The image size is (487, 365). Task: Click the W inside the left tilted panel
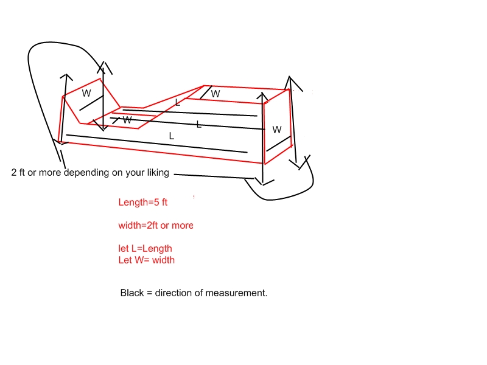click(86, 94)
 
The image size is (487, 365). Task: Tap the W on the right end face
click(277, 130)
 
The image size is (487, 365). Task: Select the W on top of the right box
click(215, 94)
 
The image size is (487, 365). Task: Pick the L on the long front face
click(171, 136)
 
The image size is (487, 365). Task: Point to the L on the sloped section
click(177, 103)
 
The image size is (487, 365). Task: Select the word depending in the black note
click(86, 173)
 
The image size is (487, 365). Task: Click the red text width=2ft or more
click(156, 225)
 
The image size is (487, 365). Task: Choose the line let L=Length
click(145, 248)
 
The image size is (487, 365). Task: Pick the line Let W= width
click(146, 260)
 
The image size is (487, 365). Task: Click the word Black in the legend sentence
click(132, 293)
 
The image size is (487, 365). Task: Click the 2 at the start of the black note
click(14, 173)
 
